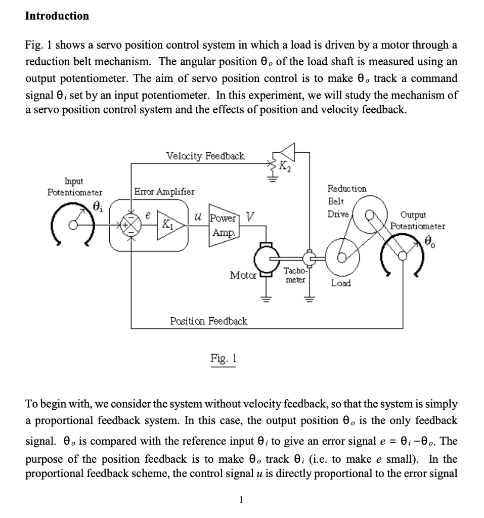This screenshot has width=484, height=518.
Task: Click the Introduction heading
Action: point(57,16)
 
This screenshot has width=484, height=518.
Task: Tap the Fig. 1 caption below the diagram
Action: point(223,359)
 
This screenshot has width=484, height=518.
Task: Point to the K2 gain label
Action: point(285,164)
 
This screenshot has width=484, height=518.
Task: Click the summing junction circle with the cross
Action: point(131,224)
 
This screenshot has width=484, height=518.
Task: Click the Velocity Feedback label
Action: point(205,156)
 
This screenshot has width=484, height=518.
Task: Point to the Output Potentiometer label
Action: point(416,220)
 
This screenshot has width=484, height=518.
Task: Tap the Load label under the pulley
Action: point(341,283)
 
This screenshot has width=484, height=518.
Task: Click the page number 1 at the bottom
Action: point(241,500)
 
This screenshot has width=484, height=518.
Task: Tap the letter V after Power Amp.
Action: point(249,216)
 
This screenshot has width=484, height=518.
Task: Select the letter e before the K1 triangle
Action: point(148,214)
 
